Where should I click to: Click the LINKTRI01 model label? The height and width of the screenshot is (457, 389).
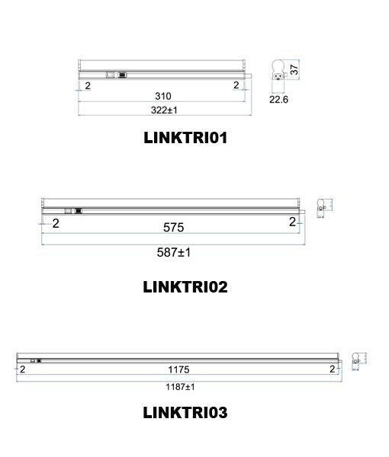click(185, 139)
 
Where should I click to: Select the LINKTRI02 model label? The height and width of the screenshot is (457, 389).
click(185, 287)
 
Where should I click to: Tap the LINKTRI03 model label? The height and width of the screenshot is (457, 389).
click(185, 414)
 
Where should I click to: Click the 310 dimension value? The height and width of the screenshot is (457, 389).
click(162, 97)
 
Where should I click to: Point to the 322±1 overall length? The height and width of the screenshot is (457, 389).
click(162, 111)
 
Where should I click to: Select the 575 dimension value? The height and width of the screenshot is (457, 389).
click(173, 228)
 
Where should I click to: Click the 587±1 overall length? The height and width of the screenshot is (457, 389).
click(173, 252)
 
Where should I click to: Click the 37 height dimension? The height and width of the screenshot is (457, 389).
click(293, 70)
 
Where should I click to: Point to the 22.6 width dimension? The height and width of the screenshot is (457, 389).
click(278, 99)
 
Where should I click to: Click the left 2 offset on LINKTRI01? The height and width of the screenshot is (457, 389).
click(88, 86)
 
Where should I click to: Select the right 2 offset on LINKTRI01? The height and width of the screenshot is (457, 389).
click(236, 86)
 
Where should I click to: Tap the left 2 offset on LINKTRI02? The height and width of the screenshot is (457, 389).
click(56, 223)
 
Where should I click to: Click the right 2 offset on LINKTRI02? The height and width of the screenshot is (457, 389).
click(292, 222)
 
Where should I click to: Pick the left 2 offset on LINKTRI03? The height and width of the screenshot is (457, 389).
click(23, 369)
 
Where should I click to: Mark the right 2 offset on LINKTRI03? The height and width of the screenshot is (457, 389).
click(332, 369)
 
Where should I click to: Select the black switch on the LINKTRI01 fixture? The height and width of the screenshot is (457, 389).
click(122, 75)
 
